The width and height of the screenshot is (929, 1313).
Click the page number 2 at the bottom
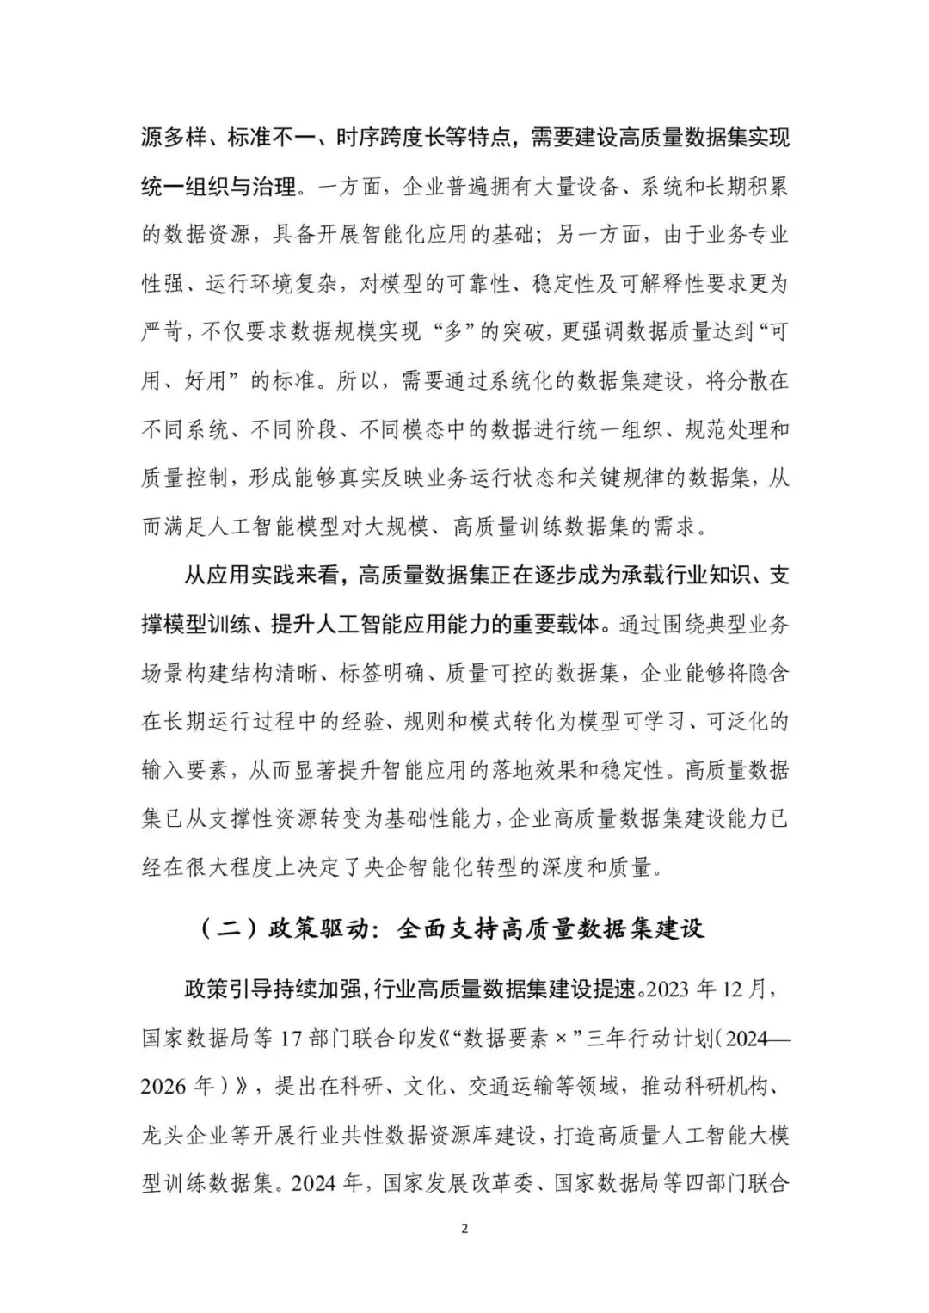pos(464,1228)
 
